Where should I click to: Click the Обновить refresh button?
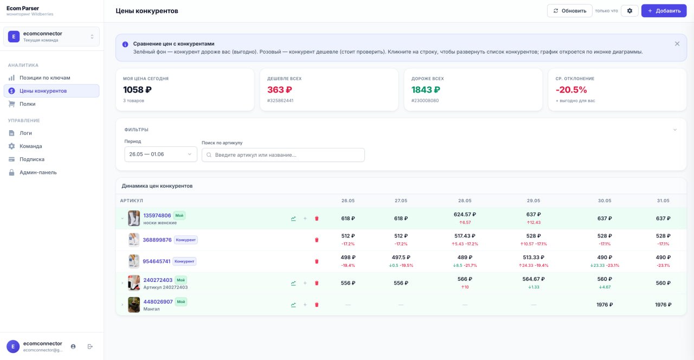569,11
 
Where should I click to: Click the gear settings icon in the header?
629,11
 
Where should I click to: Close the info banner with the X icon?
677,44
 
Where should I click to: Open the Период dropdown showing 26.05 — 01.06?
160,155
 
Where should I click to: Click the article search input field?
283,155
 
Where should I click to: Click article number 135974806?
157,215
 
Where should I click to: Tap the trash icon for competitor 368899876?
317,240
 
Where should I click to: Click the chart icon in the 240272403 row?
293,283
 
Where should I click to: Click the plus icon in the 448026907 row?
305,305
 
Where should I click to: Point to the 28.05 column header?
465,201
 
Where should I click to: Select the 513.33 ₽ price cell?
534,258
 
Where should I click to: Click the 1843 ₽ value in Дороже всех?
426,90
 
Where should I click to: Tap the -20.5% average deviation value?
571,90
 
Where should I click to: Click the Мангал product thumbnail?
134,305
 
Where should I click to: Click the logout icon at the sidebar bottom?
90,346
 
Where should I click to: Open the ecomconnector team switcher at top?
52,36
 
